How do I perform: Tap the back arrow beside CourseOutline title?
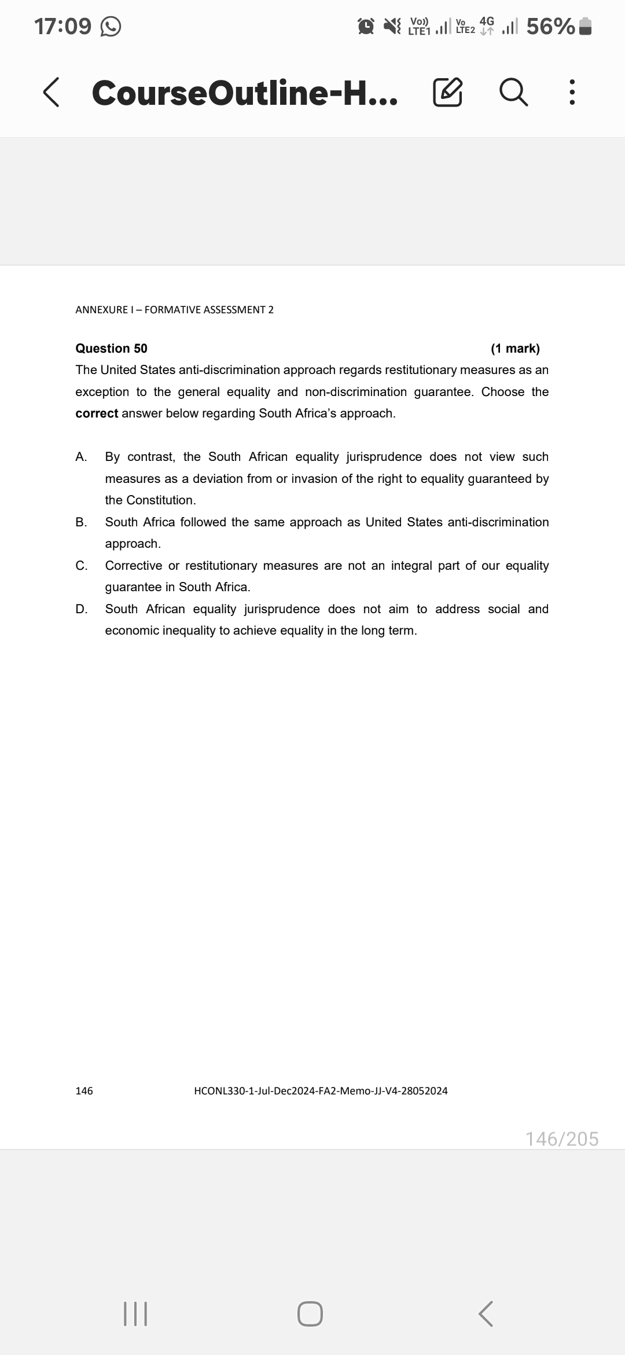(x=51, y=93)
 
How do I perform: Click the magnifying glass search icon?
(x=513, y=93)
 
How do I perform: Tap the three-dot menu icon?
(x=572, y=93)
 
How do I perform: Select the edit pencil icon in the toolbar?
(x=448, y=93)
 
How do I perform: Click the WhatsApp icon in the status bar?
(x=111, y=27)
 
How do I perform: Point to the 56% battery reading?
(x=550, y=27)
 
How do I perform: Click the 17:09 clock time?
(x=62, y=27)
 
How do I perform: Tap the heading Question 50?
(x=111, y=348)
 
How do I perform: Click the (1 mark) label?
(x=515, y=348)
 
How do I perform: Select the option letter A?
(x=81, y=457)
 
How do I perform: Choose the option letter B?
(x=81, y=522)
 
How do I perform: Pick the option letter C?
(x=81, y=566)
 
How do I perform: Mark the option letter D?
(x=81, y=609)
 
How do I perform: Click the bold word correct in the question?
(x=97, y=413)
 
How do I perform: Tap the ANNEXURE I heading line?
(x=174, y=310)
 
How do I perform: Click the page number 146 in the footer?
(x=84, y=1091)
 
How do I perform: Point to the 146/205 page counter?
(x=561, y=1139)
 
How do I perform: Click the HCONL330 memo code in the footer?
(x=321, y=1091)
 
